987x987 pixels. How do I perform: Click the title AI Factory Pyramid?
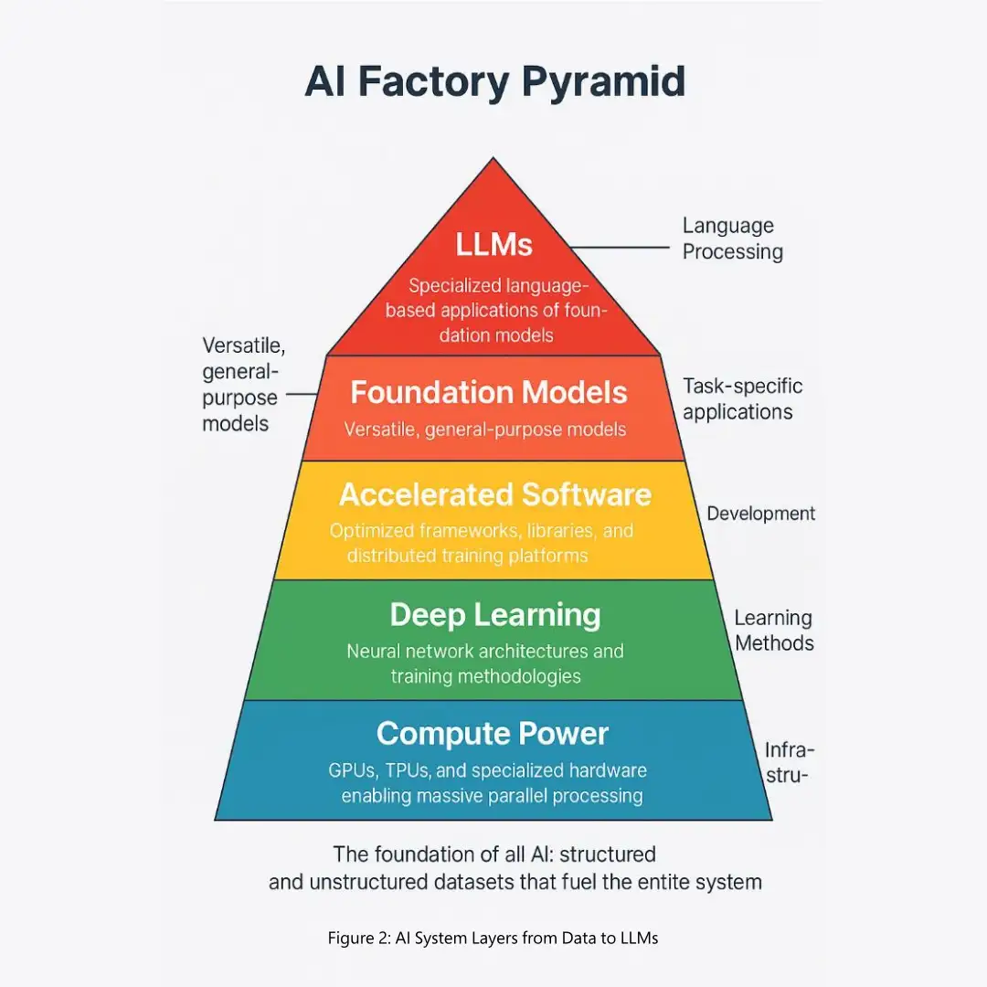pyautogui.click(x=494, y=81)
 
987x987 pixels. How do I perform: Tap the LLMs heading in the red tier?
pyautogui.click(x=494, y=244)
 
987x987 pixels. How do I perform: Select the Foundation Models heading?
pyautogui.click(x=489, y=393)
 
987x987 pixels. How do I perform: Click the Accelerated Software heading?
pyautogui.click(x=494, y=494)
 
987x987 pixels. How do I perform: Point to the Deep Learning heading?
pyautogui.click(x=494, y=615)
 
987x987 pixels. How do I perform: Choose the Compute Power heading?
pyautogui.click(x=492, y=733)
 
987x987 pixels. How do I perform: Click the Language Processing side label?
pyautogui.click(x=732, y=239)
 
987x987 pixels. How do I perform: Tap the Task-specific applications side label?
pyautogui.click(x=741, y=399)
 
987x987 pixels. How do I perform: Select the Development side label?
pyautogui.click(x=760, y=514)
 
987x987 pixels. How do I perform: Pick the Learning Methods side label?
pyautogui.click(x=773, y=631)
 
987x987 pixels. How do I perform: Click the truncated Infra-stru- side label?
pyautogui.click(x=789, y=764)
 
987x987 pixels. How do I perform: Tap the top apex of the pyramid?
pyautogui.click(x=493, y=159)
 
